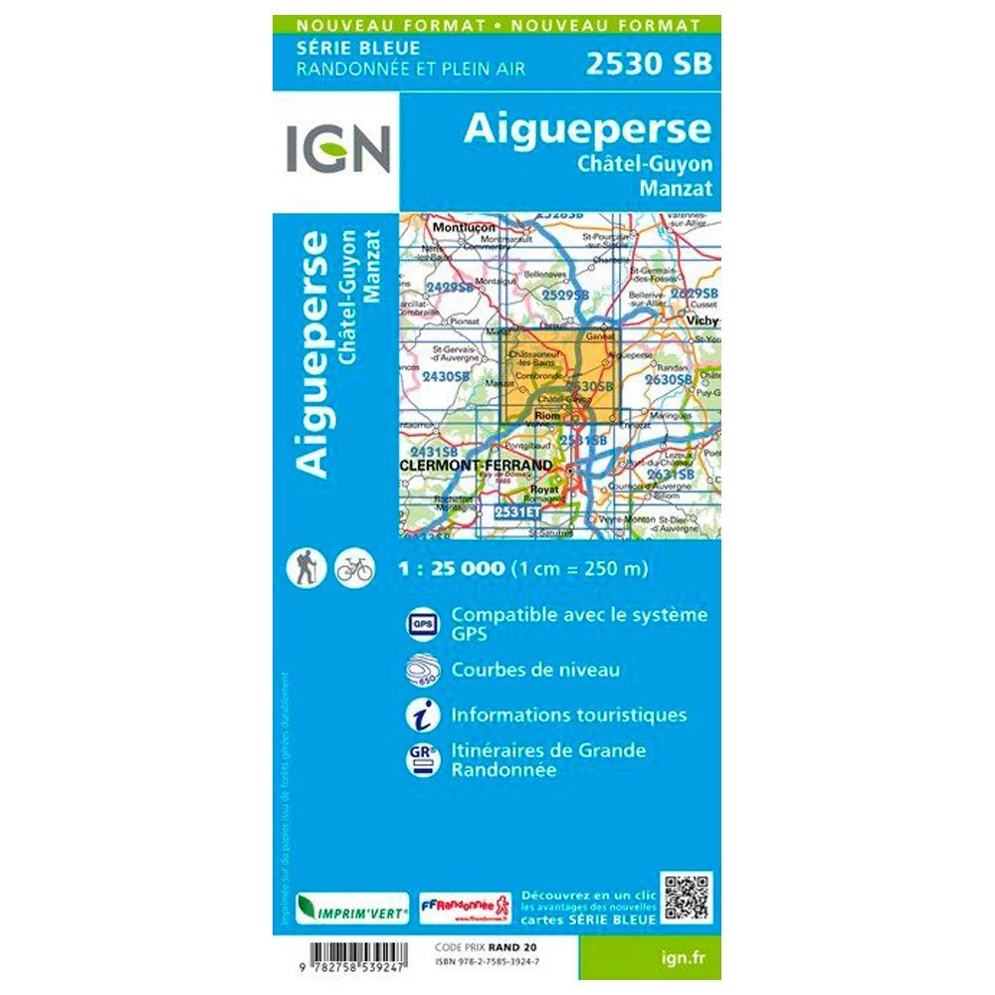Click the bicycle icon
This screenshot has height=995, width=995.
pos(354,568)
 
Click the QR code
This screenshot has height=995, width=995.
pos(687,898)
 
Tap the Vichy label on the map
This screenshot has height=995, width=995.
pos(700,321)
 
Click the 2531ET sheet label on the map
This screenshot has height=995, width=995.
pos(517,511)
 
